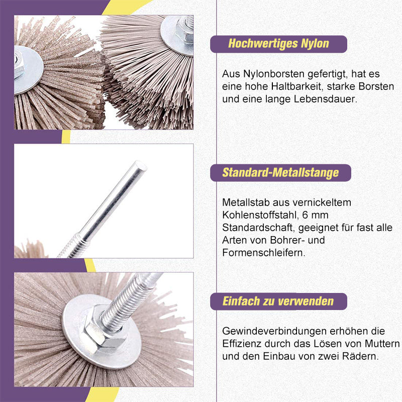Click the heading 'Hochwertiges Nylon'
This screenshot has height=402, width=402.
coord(278,44)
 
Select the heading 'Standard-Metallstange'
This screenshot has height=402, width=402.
coord(280,172)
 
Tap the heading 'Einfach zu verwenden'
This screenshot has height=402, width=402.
coord(278,301)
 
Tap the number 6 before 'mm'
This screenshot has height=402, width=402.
coord(305,215)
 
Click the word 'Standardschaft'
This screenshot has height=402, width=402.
coord(259,228)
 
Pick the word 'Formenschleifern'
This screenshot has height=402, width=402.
coord(263,253)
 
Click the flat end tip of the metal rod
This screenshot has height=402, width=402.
coord(141,166)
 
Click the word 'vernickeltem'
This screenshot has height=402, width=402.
coord(322,203)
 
